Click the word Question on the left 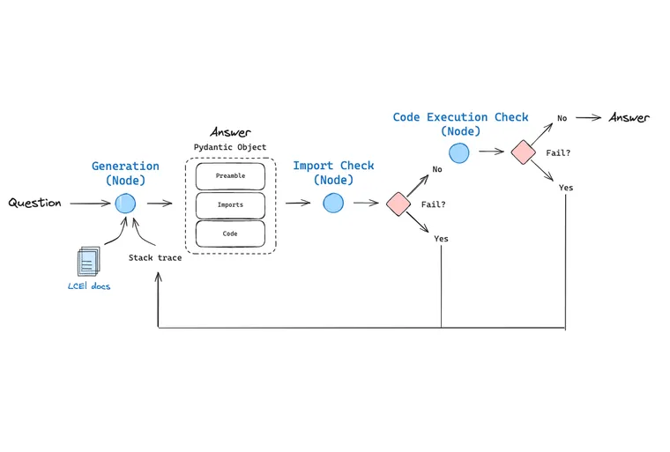tap(35, 203)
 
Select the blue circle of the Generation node tap(125, 204)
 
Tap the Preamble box tap(230, 176)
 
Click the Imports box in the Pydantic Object tap(230, 204)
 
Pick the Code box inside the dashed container tap(230, 233)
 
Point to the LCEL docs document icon tap(88, 262)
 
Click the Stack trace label tap(155, 258)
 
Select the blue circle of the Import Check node tap(332, 204)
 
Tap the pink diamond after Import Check tap(398, 204)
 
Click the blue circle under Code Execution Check tap(459, 152)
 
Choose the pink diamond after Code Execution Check tap(524, 152)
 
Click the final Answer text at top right tap(629, 117)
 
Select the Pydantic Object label tap(230, 147)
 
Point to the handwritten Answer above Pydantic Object tap(230, 132)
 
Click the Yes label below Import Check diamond tap(441, 239)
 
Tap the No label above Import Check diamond tap(436, 169)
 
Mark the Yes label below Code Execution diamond tap(565, 188)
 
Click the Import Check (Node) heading tap(333, 173)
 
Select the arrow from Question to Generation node tap(90, 204)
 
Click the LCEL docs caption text tap(89, 286)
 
